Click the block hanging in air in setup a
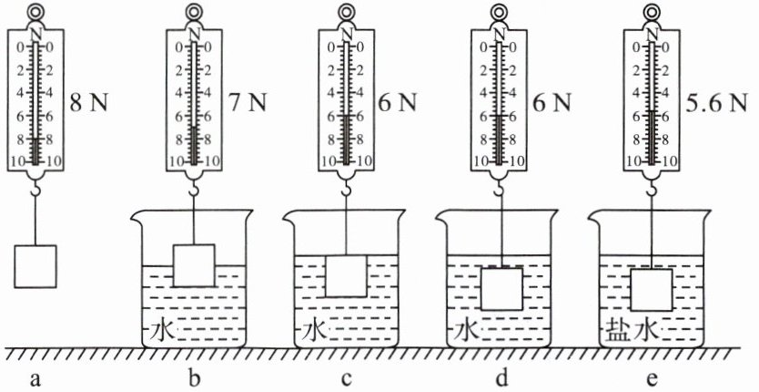click(x=36, y=265)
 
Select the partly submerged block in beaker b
click(x=193, y=266)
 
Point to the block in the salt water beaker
click(x=653, y=290)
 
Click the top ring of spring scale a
click(x=36, y=12)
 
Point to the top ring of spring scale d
click(x=501, y=12)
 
